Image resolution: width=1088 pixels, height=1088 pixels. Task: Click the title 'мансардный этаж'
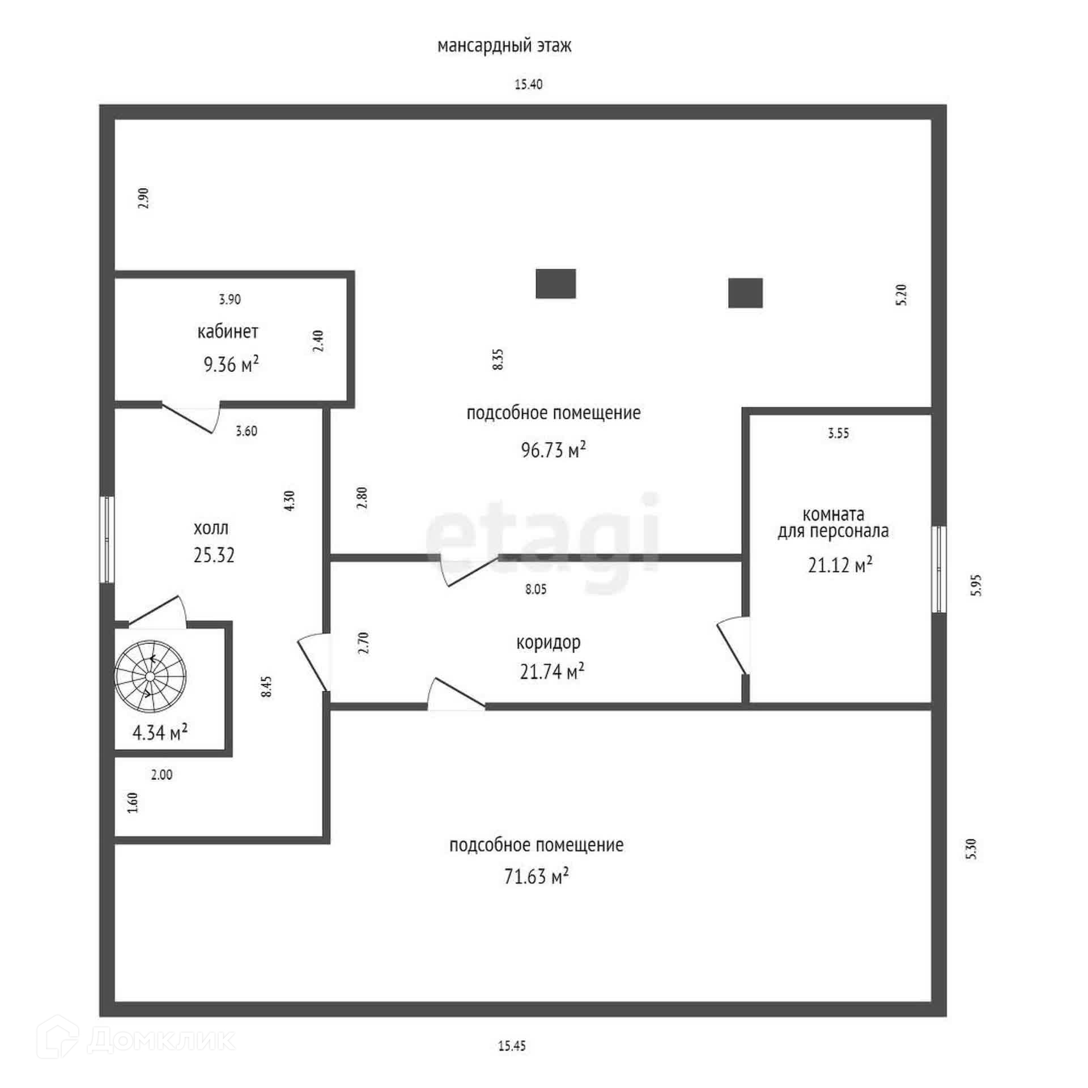(x=504, y=45)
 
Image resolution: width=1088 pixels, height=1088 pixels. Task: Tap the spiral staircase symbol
(x=150, y=676)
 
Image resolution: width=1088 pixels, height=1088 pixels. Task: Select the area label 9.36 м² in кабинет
(x=231, y=364)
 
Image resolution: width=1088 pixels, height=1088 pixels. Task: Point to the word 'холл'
(x=211, y=528)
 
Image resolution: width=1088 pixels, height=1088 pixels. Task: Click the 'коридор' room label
(x=548, y=642)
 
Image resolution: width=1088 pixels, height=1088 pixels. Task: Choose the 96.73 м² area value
(x=553, y=450)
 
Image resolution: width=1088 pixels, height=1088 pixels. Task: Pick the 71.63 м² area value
(x=536, y=876)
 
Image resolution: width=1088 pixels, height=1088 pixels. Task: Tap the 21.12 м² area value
(x=840, y=564)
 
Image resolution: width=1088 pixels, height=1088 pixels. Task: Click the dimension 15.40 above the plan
(x=528, y=84)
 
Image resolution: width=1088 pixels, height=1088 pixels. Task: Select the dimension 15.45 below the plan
(x=512, y=1046)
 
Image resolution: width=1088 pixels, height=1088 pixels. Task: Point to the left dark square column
(x=555, y=283)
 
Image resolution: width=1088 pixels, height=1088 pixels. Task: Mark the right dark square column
(x=745, y=293)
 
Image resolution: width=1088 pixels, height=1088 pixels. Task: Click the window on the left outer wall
(x=107, y=539)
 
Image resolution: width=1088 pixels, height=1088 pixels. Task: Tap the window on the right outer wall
(x=939, y=569)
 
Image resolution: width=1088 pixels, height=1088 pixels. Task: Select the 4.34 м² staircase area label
(x=160, y=733)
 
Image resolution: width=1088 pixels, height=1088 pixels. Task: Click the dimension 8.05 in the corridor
(x=535, y=589)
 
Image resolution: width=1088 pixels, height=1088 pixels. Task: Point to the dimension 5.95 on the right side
(x=976, y=585)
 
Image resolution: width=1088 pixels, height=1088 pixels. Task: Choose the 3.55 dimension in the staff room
(x=838, y=433)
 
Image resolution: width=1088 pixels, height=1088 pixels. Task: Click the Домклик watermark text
(x=161, y=1040)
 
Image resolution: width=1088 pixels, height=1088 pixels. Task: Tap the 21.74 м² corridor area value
(x=552, y=671)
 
